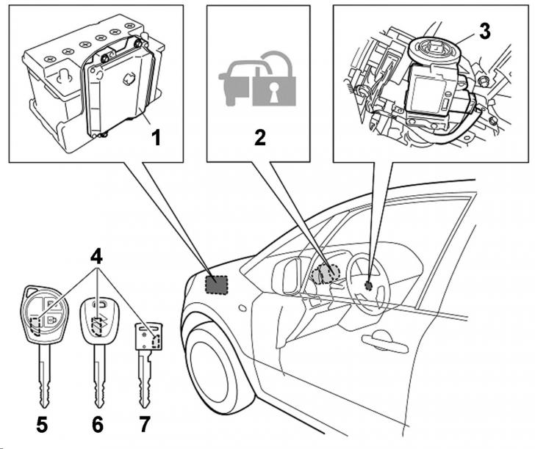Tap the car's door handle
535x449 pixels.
coord(384,342)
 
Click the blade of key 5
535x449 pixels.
coord(44,378)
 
